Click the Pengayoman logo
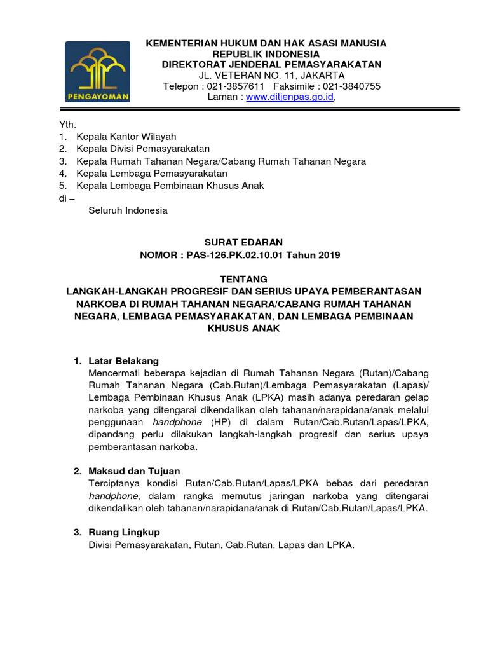click(x=98, y=72)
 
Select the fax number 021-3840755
click(x=350, y=86)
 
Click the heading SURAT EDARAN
click(x=243, y=242)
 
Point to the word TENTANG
click(x=243, y=278)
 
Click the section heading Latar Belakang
click(x=124, y=361)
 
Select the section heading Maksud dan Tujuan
click(x=135, y=471)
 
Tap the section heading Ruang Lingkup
click(x=125, y=531)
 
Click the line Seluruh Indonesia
click(x=128, y=210)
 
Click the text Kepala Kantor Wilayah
click(x=126, y=137)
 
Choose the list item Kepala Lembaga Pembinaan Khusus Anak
click(x=170, y=186)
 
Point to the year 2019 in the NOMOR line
click(x=329, y=255)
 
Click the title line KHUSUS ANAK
click(x=243, y=328)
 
